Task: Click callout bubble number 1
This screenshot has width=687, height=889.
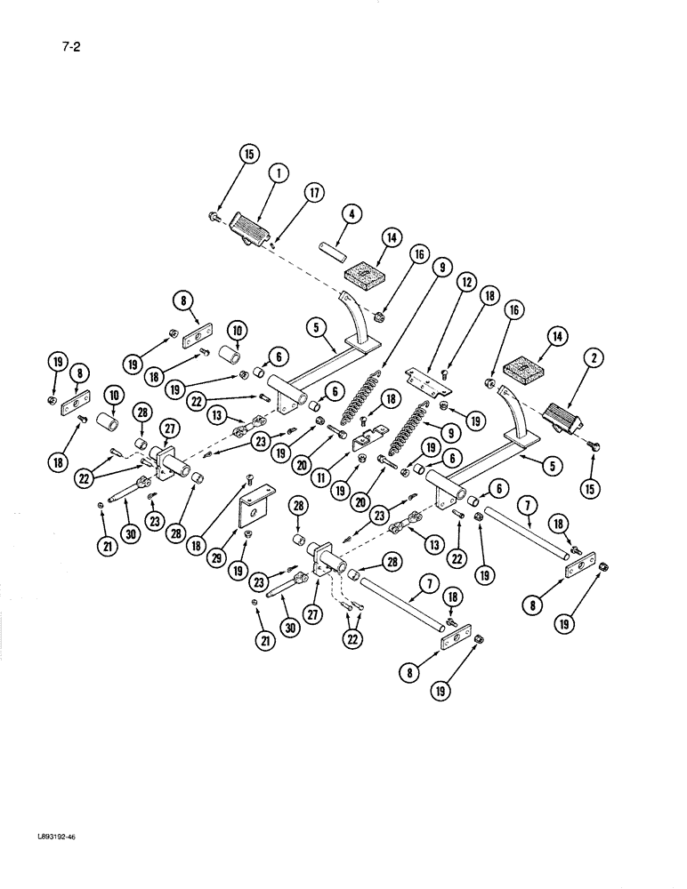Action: pyautogui.click(x=277, y=174)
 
